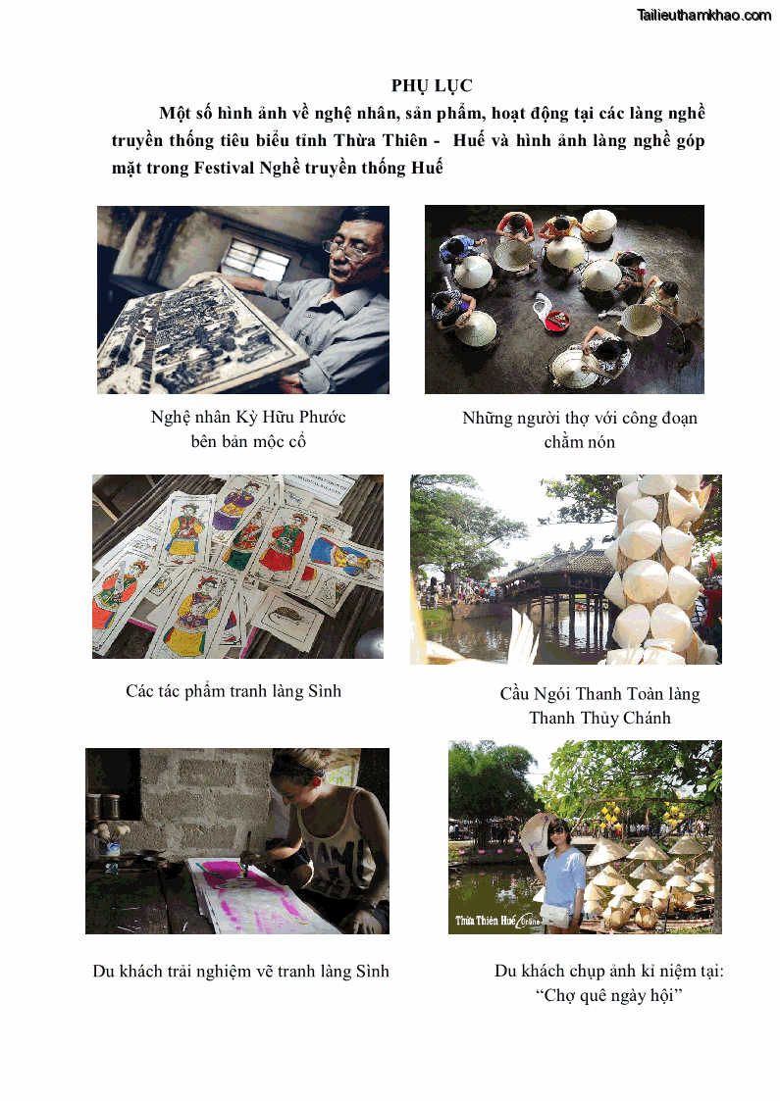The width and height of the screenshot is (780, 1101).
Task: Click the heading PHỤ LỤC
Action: pos(432,85)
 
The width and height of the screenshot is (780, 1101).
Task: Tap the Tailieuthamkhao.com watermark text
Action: pos(703,15)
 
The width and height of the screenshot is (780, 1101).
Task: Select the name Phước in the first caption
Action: pos(323,417)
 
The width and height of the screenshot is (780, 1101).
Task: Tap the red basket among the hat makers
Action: pos(557,321)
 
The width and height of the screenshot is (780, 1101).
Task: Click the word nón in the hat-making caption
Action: pos(600,442)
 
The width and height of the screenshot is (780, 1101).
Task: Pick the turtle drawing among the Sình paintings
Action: pos(285,617)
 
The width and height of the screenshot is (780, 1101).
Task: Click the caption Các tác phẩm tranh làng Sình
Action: pos(234,691)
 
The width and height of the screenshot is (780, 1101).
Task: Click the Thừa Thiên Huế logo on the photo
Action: pos(497,921)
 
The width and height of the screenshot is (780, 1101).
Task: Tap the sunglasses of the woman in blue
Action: pos(557,831)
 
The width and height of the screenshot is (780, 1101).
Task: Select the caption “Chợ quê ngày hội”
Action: pos(608,996)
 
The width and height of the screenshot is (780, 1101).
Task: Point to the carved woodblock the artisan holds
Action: pos(200,333)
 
